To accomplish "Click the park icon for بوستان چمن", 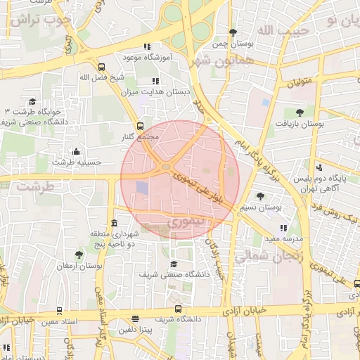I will click(233, 32).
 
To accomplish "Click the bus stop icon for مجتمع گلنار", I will click(140, 127).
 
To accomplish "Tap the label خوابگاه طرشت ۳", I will click(33, 112).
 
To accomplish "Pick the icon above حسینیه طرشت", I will click(76, 150).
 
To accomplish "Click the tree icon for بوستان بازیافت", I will click(300, 112).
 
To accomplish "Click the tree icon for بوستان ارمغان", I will click(78, 255).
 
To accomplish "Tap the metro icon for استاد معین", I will click(59, 310).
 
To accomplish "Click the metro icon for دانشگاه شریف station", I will click(178, 309).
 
